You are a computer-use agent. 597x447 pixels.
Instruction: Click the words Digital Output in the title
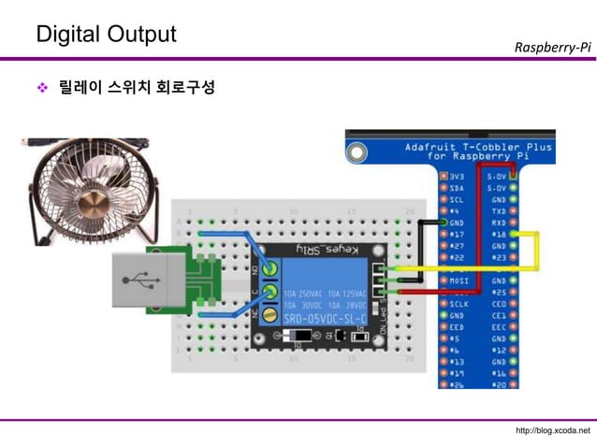(105, 34)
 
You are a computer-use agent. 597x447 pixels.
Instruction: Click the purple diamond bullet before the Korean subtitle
(41, 89)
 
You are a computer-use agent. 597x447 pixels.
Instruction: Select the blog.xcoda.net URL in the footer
(553, 430)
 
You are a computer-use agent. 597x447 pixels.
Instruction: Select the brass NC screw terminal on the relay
(269, 314)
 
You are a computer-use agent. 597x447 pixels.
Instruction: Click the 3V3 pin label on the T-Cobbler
(457, 176)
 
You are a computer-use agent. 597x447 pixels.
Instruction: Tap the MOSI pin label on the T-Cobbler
(459, 280)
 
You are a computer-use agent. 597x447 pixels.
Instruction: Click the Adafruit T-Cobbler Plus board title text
(477, 151)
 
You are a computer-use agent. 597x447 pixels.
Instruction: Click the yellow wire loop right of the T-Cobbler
(537, 251)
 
